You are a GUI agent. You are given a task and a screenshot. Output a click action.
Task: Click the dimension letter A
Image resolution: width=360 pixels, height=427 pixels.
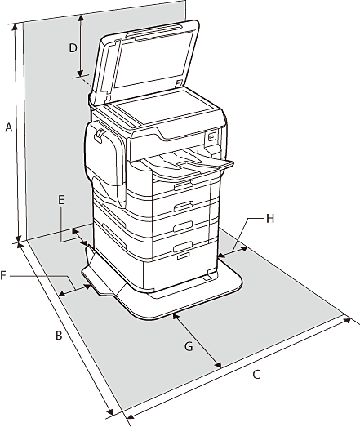[9, 127]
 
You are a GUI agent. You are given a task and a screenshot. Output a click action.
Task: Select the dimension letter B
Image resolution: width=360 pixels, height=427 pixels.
[59, 336]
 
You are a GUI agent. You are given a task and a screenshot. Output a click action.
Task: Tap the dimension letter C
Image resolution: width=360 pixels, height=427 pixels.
[256, 375]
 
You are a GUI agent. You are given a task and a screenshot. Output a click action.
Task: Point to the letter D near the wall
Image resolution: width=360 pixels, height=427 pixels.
[73, 48]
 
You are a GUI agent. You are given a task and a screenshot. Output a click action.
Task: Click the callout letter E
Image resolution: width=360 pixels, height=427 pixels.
[61, 200]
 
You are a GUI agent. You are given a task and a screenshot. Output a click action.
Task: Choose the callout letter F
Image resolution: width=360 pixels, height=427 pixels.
[3, 275]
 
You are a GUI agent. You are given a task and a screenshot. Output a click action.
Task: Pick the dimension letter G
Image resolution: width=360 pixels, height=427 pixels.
[189, 347]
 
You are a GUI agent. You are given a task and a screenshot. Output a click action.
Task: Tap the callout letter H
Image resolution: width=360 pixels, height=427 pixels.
[270, 219]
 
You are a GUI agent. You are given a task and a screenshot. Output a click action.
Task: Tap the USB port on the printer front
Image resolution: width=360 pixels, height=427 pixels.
[212, 137]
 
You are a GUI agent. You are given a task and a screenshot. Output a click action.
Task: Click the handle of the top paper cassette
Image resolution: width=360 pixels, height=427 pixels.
[184, 185]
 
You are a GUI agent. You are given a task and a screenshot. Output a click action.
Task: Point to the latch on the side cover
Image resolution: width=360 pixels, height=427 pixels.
[99, 135]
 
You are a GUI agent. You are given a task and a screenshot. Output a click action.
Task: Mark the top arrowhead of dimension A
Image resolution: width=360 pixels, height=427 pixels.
[16, 27]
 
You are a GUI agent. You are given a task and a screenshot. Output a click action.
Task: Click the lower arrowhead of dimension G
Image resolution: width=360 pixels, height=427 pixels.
[217, 364]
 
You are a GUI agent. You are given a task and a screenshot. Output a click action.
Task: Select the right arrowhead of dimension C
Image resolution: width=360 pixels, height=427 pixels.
[348, 320]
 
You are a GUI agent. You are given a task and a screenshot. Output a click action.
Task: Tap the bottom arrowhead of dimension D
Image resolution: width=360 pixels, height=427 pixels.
[80, 73]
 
